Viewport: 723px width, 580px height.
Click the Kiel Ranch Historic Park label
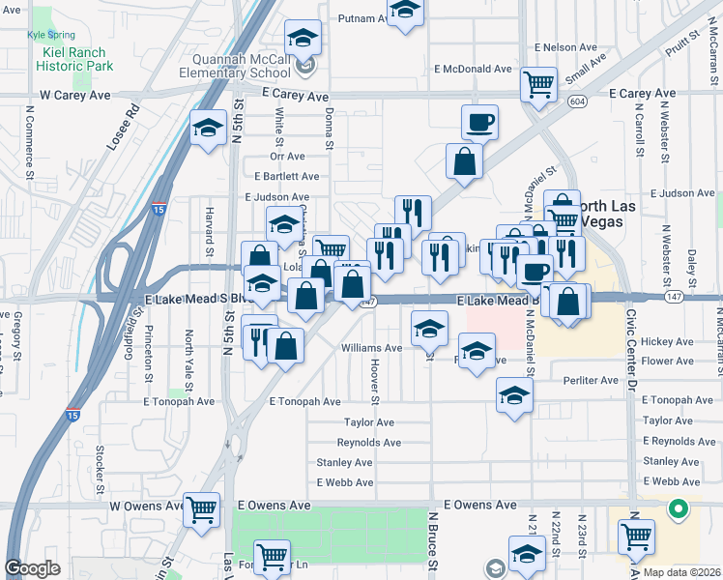click(74, 58)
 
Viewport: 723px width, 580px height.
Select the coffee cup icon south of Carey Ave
click(479, 122)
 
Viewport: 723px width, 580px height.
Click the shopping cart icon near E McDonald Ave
click(538, 83)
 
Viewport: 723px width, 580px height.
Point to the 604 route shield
click(577, 101)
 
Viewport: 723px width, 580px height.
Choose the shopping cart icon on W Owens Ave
click(201, 507)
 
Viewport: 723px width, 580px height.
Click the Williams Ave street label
click(371, 348)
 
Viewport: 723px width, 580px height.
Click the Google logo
click(33, 568)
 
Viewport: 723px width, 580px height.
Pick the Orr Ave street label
click(287, 156)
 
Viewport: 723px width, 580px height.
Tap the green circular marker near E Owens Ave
click(679, 507)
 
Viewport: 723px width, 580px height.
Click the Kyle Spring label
click(51, 34)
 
